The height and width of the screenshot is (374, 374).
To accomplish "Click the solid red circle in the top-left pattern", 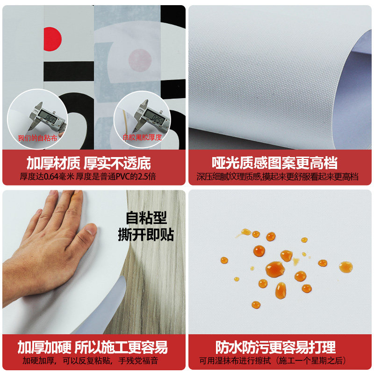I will tap(52, 39).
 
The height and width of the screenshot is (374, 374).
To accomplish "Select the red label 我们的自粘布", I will tap(37, 138).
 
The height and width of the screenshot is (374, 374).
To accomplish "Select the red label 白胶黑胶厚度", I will tap(142, 137).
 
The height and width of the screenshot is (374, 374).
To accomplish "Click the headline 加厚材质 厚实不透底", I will tap(89, 163).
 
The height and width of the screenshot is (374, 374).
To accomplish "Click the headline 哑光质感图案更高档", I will tap(274, 163).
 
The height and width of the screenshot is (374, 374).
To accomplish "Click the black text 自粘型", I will tap(146, 218).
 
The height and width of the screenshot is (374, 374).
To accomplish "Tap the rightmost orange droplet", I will tap(345, 267).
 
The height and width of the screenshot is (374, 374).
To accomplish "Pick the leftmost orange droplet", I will tap(224, 260).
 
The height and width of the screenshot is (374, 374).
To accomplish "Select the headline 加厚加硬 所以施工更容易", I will tap(93, 347).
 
